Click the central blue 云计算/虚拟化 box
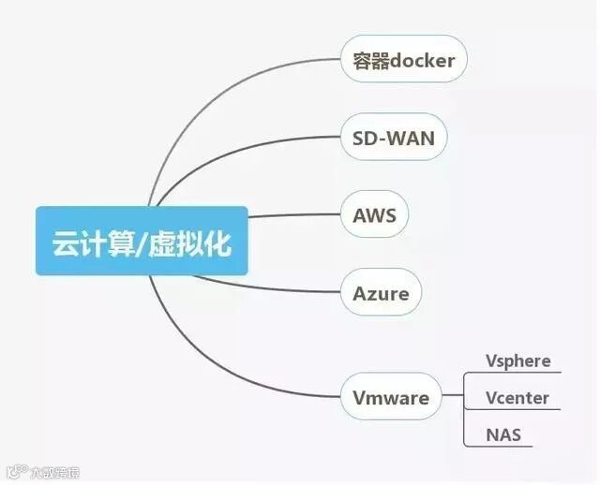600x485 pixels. [142, 242]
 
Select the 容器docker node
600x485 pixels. [403, 61]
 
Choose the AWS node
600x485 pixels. [375, 216]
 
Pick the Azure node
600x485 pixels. [381, 293]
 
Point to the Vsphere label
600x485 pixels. [517, 361]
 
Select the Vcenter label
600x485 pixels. [517, 398]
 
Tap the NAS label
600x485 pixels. [503, 435]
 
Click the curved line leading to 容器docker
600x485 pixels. [216, 102]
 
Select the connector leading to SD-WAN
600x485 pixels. [234, 159]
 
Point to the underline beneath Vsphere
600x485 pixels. [516, 373]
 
